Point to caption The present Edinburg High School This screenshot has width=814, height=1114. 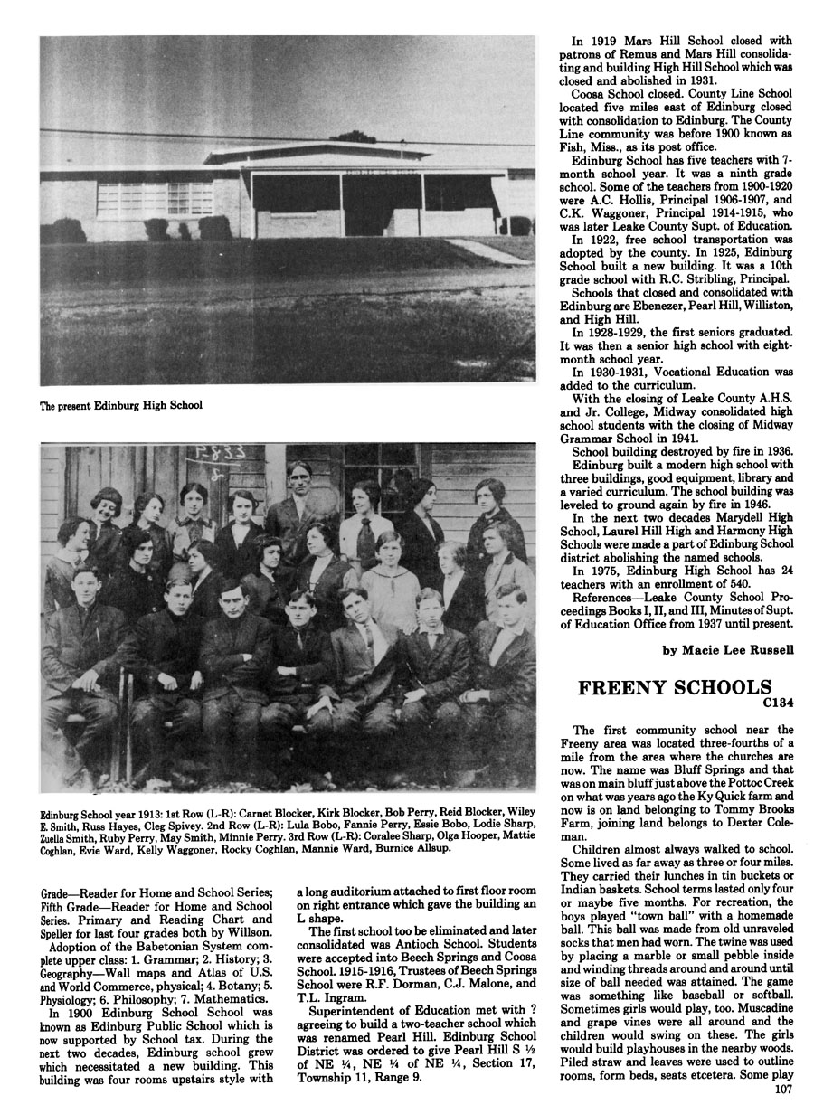pyautogui.click(x=120, y=405)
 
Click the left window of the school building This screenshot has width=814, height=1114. pyautogui.click(x=191, y=198)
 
